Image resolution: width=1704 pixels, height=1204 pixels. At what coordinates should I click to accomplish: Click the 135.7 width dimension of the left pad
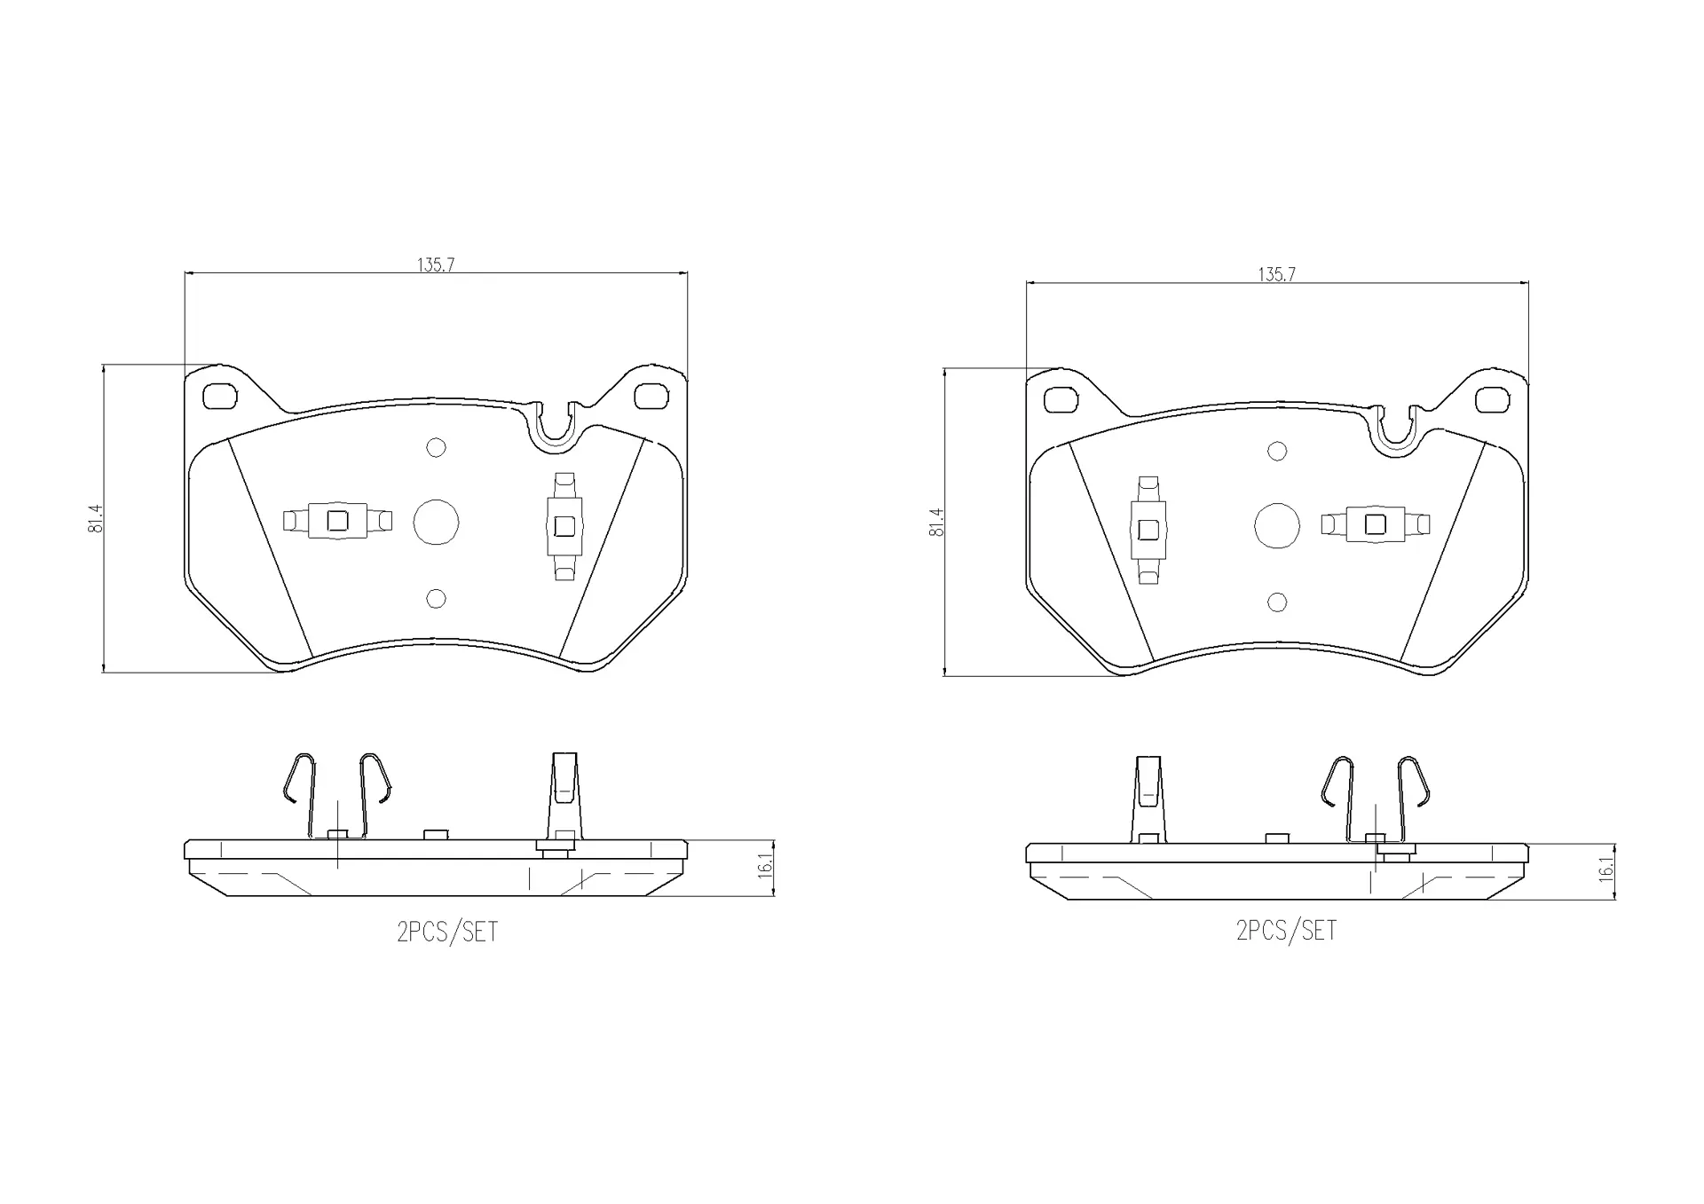click(436, 264)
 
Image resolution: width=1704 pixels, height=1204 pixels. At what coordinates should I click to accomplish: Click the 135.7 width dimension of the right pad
click(1276, 275)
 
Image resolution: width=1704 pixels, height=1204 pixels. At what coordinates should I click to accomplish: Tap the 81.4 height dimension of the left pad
click(96, 518)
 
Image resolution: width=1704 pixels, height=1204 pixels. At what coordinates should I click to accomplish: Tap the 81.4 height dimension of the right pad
click(936, 523)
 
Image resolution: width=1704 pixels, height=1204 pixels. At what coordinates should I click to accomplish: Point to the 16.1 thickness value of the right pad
click(1605, 869)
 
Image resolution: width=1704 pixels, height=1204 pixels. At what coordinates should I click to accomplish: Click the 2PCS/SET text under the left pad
click(447, 933)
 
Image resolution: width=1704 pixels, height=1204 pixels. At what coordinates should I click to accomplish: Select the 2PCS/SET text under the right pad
click(1286, 931)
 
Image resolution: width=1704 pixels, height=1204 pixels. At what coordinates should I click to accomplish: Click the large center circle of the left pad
click(436, 522)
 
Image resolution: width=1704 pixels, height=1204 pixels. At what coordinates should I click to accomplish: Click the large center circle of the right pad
click(1277, 526)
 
